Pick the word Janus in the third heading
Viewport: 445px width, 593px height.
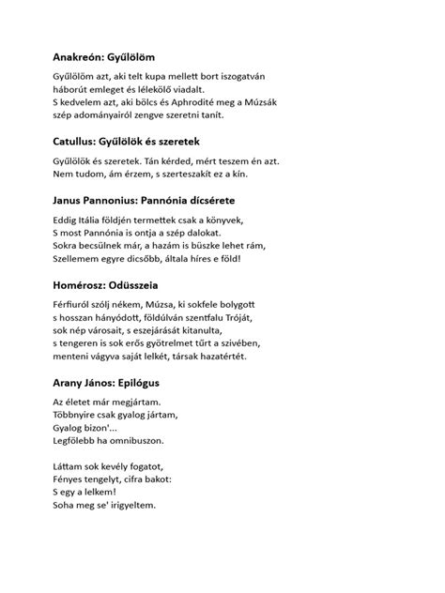(70, 200)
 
